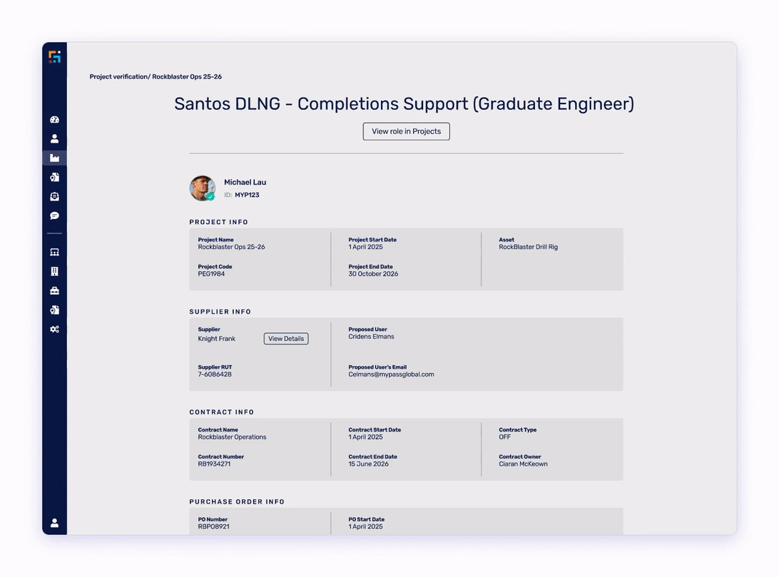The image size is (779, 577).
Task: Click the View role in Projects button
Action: coord(406,131)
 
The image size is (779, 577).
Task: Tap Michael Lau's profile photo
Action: coord(202,188)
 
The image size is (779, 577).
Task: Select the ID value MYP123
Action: coord(247,195)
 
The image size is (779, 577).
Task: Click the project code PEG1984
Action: coord(211,274)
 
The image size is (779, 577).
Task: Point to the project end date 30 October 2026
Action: coord(373,274)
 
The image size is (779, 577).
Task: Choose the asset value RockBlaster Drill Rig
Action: coord(528,247)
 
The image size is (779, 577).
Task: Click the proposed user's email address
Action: coord(391,374)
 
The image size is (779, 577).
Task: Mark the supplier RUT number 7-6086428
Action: coord(215,374)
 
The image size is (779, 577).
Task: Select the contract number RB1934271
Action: coord(214,464)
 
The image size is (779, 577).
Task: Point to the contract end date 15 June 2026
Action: coord(368,464)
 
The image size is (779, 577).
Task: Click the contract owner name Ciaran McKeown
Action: coord(523,464)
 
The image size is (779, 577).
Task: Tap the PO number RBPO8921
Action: coord(213,527)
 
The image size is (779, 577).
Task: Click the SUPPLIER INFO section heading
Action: coord(220,312)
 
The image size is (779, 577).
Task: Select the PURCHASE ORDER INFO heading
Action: coord(237,502)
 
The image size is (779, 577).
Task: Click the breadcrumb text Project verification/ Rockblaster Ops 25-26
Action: coord(156,77)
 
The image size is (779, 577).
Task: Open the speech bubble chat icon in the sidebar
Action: coord(55,216)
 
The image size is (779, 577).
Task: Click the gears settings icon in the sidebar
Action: coord(55,330)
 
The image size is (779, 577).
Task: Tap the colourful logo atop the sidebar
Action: coord(55,57)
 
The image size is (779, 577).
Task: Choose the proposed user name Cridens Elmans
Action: coord(371,337)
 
